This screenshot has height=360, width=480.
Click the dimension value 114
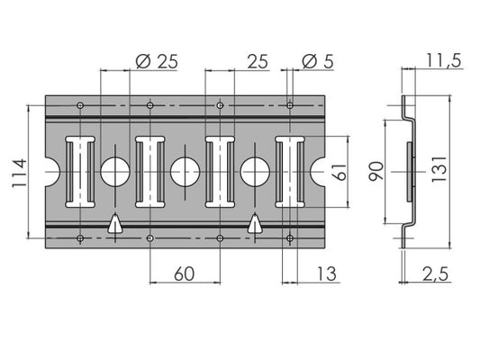tap(19, 173)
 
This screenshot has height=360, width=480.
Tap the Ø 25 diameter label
tap(157, 62)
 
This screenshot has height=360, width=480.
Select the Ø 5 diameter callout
tap(318, 62)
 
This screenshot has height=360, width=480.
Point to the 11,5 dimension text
tap(443, 60)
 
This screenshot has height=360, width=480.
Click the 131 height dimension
tap(439, 169)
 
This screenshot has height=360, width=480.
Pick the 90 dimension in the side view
tap(376, 171)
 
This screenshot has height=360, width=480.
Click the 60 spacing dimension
tap(185, 274)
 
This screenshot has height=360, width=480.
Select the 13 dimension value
tap(326, 274)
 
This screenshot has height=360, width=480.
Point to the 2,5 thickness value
tap(436, 274)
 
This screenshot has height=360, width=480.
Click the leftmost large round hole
tap(115, 172)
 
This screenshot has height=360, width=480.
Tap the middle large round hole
tap(185, 172)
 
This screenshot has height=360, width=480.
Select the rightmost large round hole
tap(255, 172)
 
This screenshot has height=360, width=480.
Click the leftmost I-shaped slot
tap(80, 172)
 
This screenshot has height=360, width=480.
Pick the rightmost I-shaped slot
tap(290, 172)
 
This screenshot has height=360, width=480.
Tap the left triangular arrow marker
tap(115, 223)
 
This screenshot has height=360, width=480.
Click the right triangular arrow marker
tap(255, 223)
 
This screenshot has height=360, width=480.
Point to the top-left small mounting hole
tap(80, 105)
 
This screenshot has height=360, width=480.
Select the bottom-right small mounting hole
tap(290, 238)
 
